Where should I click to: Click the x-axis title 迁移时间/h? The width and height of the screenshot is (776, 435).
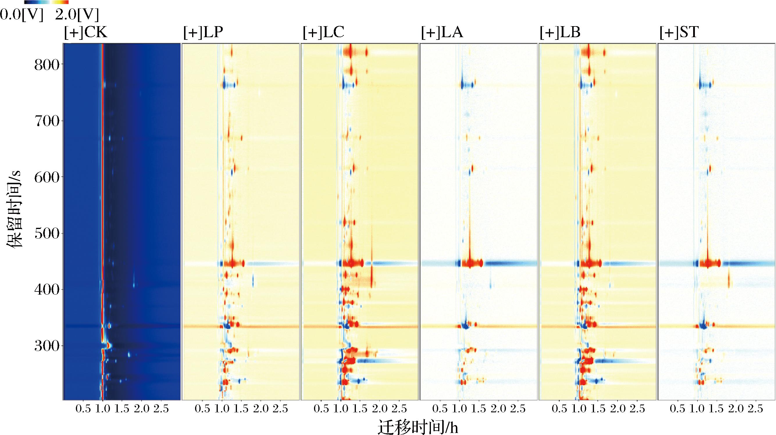pyautogui.click(x=418, y=427)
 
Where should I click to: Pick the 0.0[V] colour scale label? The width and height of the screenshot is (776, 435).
pyautogui.click(x=22, y=15)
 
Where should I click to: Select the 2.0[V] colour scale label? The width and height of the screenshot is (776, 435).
pyautogui.click(x=77, y=15)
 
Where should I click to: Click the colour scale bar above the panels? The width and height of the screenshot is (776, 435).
pyautogui.click(x=47, y=2)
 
